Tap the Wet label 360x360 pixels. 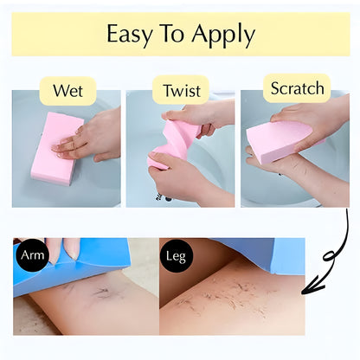click(67, 90)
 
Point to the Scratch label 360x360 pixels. click(297, 87)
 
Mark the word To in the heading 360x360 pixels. click(174, 35)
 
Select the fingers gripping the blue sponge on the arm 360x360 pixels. click(54, 248)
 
